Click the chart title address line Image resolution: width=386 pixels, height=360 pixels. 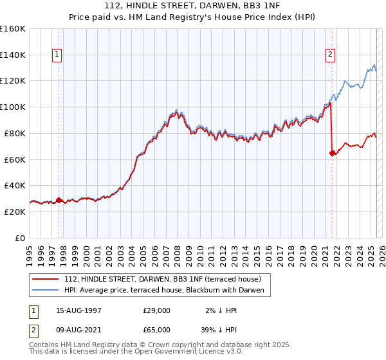(193, 6)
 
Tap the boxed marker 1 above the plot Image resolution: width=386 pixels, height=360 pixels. (58, 55)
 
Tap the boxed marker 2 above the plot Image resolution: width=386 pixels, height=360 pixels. (330, 55)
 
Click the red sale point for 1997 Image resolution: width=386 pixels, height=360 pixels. (59, 200)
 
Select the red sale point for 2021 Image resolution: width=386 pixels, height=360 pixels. (332, 153)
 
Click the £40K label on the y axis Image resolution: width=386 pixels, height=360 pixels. (14, 185)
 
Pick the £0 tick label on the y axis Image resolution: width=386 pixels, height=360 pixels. (19, 238)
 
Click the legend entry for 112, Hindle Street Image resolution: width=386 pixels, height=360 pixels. (162, 280)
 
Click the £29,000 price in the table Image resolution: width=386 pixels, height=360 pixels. (156, 310)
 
